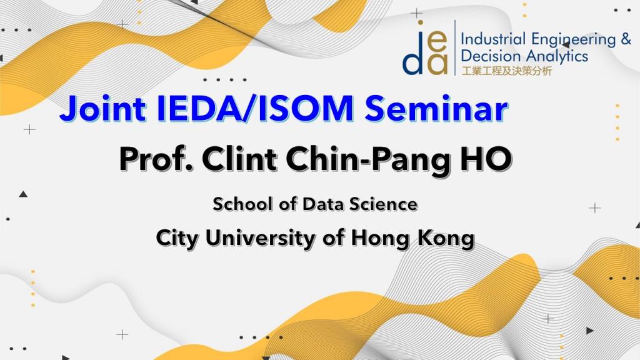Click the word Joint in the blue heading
(103, 109)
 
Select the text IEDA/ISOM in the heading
(255, 109)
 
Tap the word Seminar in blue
(436, 109)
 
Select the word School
(242, 204)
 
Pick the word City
(177, 239)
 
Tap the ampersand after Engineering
(626, 39)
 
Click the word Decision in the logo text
(491, 56)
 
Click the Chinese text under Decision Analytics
(506, 71)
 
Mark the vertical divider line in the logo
(455, 47)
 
